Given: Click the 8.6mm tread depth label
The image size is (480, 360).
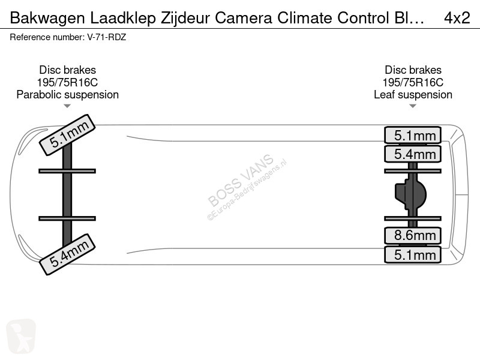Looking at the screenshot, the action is [413, 235].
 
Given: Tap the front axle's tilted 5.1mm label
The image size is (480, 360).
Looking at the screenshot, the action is [67, 135].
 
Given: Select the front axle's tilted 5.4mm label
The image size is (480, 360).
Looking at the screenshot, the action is [67, 254].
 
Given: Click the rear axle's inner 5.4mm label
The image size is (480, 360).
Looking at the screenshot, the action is [413, 154].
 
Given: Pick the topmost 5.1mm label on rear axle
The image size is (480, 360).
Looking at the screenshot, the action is [413, 135].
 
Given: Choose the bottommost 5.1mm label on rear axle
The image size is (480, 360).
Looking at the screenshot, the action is [413, 254].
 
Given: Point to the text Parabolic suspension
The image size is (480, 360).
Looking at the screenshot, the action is [68, 95].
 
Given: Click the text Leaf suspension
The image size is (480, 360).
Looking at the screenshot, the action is [413, 95].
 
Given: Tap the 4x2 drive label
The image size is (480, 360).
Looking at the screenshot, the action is [457, 18].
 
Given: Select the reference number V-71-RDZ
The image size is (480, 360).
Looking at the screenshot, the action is [107, 37].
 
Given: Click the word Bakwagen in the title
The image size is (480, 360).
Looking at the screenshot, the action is [47, 19].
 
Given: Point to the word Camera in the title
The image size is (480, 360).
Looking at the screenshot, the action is [244, 18].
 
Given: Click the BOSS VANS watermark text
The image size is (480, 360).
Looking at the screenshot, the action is [241, 180].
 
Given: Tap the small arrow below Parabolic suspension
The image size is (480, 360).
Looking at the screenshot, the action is [67, 106].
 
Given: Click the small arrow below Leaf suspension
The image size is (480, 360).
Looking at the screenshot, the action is [413, 106].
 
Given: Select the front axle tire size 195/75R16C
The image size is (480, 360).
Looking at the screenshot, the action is [67, 83].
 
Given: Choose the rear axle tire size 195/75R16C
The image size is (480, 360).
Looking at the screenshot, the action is [413, 83].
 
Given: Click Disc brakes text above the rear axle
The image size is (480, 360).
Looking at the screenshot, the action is [413, 70].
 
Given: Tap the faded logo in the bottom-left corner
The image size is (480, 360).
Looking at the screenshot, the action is [21, 337].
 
